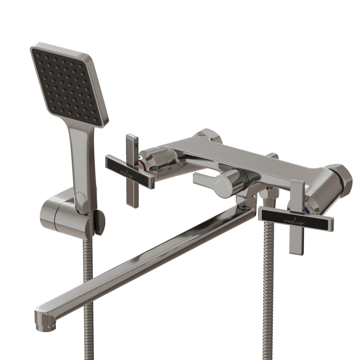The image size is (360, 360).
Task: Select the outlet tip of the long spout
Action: coord(45,321)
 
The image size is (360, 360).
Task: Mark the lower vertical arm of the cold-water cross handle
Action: coord(296,241)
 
